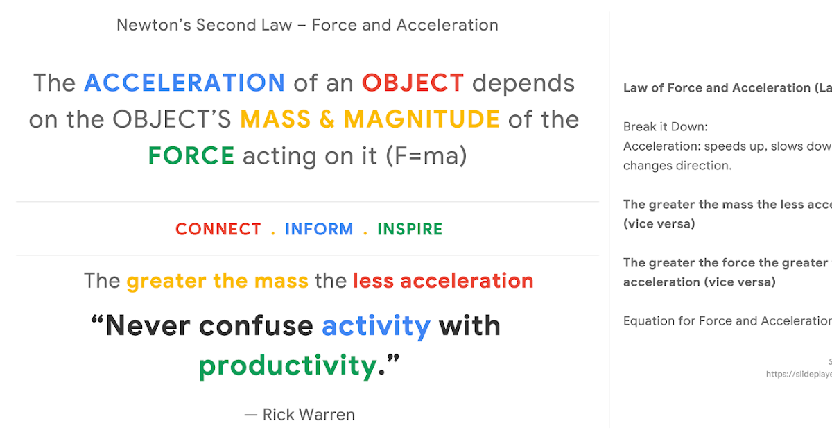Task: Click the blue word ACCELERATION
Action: pyautogui.click(x=184, y=83)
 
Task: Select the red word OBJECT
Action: pyautogui.click(x=413, y=83)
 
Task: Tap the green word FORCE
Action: pyautogui.click(x=191, y=155)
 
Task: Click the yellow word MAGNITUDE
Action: pyautogui.click(x=422, y=119)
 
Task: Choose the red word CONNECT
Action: pyautogui.click(x=218, y=230)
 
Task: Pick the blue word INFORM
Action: pyautogui.click(x=319, y=230)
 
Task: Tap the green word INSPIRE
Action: pyautogui.click(x=410, y=230)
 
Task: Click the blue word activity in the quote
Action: pyautogui.click(x=376, y=325)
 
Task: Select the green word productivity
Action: pyautogui.click(x=288, y=365)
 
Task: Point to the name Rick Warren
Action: pyautogui.click(x=309, y=415)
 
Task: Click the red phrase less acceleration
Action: pyautogui.click(x=443, y=281)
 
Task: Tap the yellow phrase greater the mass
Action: pyautogui.click(x=217, y=281)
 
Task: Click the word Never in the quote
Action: pyautogui.click(x=148, y=325)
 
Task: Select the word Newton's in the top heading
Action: pyautogui.click(x=153, y=25)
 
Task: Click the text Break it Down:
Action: pyautogui.click(x=665, y=127)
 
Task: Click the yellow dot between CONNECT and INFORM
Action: pyautogui.click(x=273, y=232)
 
